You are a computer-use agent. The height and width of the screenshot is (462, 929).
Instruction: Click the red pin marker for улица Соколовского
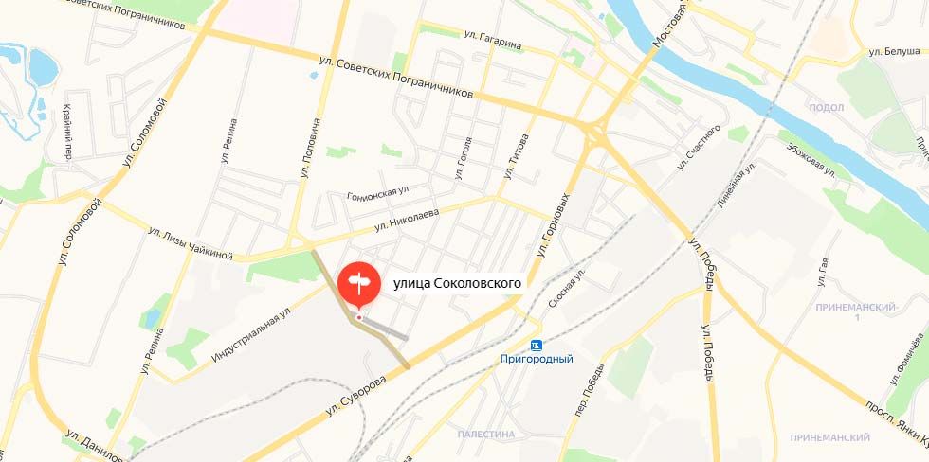[358, 284]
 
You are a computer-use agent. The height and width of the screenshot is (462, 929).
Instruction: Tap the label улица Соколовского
[457, 281]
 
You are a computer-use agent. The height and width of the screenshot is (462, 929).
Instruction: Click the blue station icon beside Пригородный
[537, 344]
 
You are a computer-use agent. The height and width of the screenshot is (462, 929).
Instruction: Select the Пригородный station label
[537, 359]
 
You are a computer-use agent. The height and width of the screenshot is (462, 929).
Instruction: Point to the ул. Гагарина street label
[493, 34]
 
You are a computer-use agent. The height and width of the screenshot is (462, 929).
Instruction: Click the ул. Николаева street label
[407, 221]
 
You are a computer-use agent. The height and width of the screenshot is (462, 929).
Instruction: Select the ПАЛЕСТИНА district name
[485, 434]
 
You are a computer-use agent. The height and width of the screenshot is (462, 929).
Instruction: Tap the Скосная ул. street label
[567, 289]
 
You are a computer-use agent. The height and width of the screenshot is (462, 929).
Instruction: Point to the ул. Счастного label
[699, 148]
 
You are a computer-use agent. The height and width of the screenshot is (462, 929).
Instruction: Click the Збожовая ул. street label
[811, 160]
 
